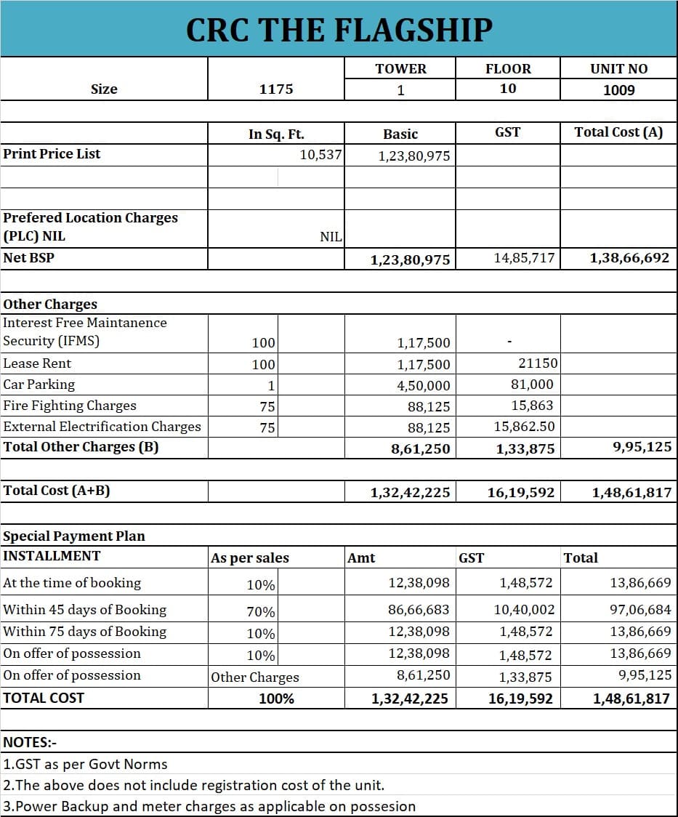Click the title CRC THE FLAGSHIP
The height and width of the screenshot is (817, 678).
339,30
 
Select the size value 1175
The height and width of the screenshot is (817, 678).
276,89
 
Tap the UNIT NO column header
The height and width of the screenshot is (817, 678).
618,69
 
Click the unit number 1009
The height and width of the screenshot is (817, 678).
618,90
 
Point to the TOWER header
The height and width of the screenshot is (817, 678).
400,69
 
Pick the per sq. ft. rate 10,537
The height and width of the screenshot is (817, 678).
320,154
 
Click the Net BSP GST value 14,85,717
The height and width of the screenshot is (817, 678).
523,258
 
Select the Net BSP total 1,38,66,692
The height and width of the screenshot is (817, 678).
629,258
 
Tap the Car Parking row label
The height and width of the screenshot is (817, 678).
39,385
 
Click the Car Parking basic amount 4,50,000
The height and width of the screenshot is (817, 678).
423,386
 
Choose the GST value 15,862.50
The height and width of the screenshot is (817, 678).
523,427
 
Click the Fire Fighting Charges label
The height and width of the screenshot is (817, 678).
70,406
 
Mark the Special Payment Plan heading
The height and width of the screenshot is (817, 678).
74,536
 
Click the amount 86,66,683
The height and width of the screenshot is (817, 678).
419,610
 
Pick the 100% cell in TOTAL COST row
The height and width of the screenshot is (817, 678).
276,699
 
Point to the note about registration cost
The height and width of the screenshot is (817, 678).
194,785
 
